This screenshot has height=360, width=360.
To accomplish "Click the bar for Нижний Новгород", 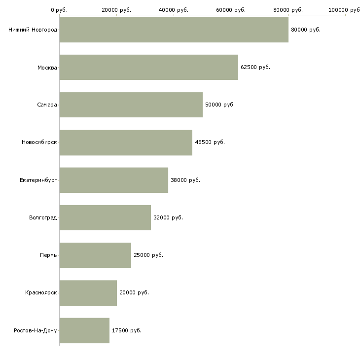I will point(174,30).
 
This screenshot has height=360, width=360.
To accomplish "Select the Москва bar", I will point(148,67).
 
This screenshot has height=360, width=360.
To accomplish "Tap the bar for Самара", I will point(131,105).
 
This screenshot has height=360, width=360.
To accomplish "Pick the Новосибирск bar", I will point(126,142).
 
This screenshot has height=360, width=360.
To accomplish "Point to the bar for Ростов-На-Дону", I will point(84,330).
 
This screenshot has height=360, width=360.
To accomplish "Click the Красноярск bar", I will point(88,293).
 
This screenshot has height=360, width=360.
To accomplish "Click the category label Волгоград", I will point(43,217).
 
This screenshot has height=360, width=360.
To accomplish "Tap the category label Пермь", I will point(48,255).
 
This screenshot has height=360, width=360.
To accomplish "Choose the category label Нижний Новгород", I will point(33,30).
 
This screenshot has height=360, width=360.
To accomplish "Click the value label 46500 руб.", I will point(210,142).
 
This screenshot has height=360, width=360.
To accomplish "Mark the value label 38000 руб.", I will point(185,180).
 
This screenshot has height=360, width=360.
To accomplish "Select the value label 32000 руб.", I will point(168,217).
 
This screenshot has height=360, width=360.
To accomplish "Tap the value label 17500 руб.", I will point(127,330).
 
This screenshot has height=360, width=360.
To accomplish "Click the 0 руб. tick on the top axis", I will point(59,9).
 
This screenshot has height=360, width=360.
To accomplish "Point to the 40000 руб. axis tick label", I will point(174,9).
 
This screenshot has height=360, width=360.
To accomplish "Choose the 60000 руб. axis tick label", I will point(231,9).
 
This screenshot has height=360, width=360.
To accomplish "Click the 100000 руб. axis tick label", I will point(344,9).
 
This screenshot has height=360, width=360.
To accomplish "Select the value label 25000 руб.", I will point(148,255).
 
